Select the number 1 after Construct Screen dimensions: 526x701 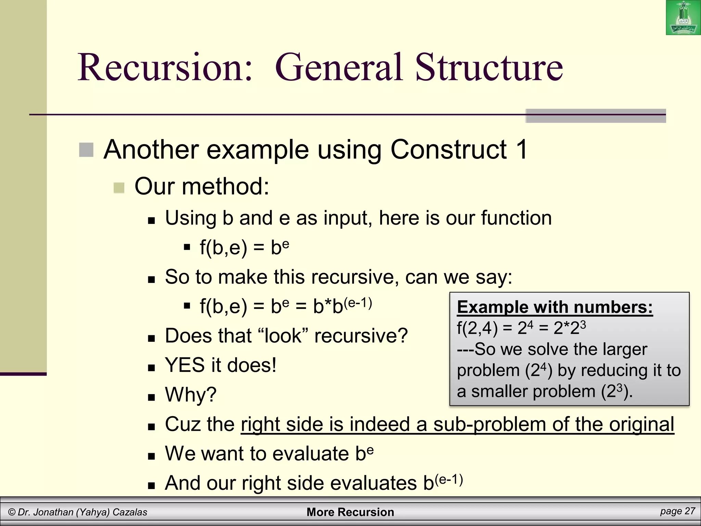(x=522, y=150)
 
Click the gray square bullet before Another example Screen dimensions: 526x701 (x=86, y=150)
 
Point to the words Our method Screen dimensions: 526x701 (x=202, y=187)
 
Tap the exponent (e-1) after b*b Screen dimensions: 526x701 (x=358, y=303)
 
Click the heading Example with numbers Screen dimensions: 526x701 (x=555, y=307)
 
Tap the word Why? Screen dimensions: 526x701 (x=191, y=394)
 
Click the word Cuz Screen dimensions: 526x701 (x=182, y=424)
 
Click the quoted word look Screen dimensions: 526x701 (x=283, y=336)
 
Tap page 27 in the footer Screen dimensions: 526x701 (x=677, y=511)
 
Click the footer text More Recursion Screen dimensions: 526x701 (x=350, y=512)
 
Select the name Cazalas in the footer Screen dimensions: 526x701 (x=130, y=512)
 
